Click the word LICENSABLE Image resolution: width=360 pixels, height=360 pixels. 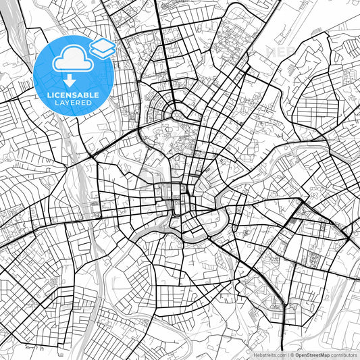click(74, 95)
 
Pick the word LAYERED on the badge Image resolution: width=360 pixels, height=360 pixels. click(74, 103)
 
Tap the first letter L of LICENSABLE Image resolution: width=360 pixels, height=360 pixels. click(48, 95)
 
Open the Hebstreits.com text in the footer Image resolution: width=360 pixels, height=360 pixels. click(269, 354)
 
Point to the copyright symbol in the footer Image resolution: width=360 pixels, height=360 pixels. click(292, 354)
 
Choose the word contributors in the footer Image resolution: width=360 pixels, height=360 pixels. click(344, 354)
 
